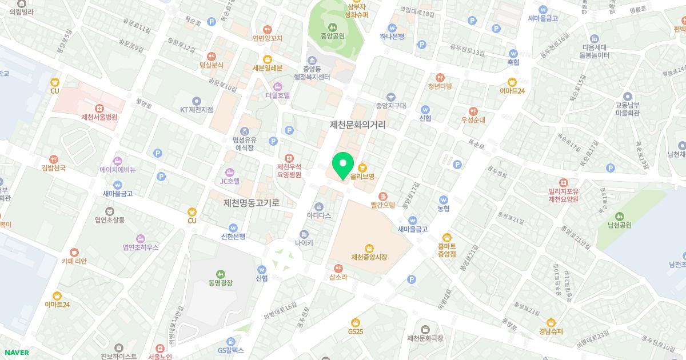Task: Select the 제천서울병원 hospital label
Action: pos(99,117)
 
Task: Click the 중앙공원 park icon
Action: pos(332,26)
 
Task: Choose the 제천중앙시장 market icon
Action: pos(369,247)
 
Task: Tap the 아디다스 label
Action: pos(319,215)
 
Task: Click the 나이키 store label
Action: pos(304,242)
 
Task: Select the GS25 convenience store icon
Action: pos(355,322)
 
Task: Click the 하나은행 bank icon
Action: pos(392,27)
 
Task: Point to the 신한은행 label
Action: pos(233,236)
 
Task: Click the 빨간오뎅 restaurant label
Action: pos(383,205)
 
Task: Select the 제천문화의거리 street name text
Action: pos(358,125)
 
